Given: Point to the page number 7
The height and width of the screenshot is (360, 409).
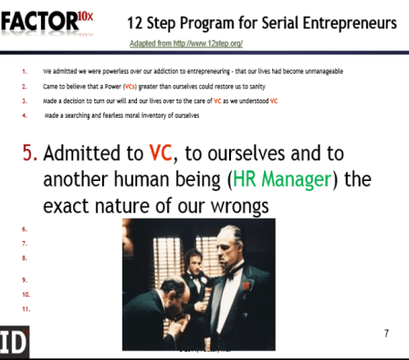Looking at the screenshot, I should pyautogui.click(x=386, y=334).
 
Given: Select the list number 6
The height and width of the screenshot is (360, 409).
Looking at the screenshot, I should pyautogui.click(x=23, y=228).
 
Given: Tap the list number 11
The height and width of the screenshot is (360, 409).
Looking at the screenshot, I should pyautogui.click(x=25, y=310).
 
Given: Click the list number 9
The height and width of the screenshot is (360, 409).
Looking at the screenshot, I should pyautogui.click(x=23, y=279).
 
